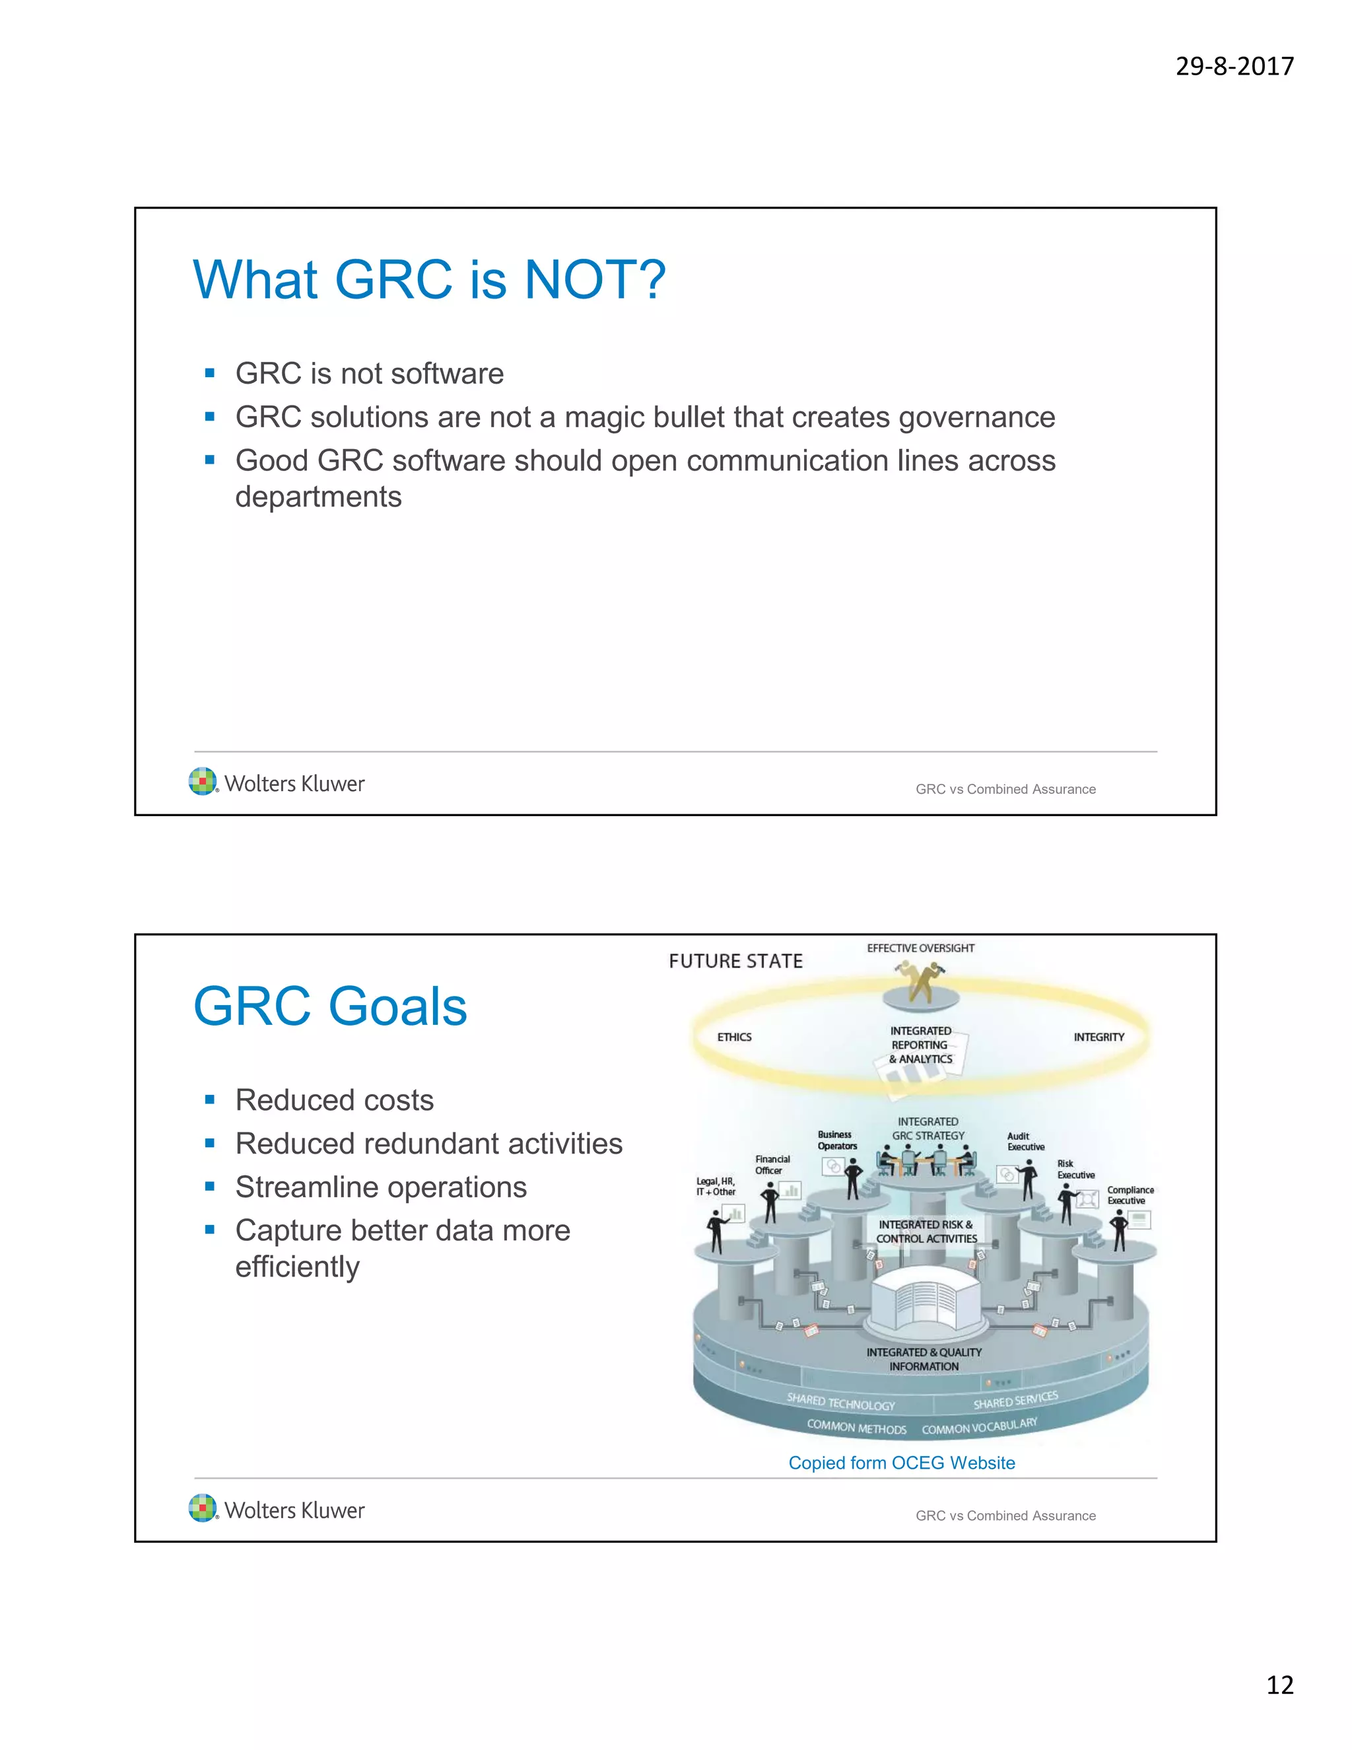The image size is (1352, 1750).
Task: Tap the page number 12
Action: (1279, 1685)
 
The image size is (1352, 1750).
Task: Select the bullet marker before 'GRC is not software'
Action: (210, 373)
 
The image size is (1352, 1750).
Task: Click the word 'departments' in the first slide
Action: (318, 497)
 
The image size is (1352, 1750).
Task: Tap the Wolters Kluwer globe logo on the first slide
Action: (203, 781)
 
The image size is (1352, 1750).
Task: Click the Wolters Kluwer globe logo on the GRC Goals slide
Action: (203, 1508)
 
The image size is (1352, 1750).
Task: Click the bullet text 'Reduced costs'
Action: (334, 1100)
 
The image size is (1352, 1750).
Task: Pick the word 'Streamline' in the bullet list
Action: (308, 1187)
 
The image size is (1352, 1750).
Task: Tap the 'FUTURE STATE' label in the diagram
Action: (735, 961)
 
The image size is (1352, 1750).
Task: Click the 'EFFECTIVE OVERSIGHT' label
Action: (920, 948)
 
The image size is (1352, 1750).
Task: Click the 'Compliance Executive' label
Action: (1130, 1195)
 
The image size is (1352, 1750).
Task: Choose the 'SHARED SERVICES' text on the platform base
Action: (1015, 1400)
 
